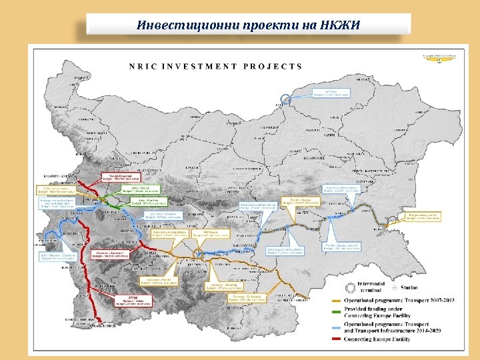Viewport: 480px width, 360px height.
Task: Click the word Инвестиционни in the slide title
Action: tap(175, 25)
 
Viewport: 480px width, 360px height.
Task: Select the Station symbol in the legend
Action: tap(394, 287)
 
